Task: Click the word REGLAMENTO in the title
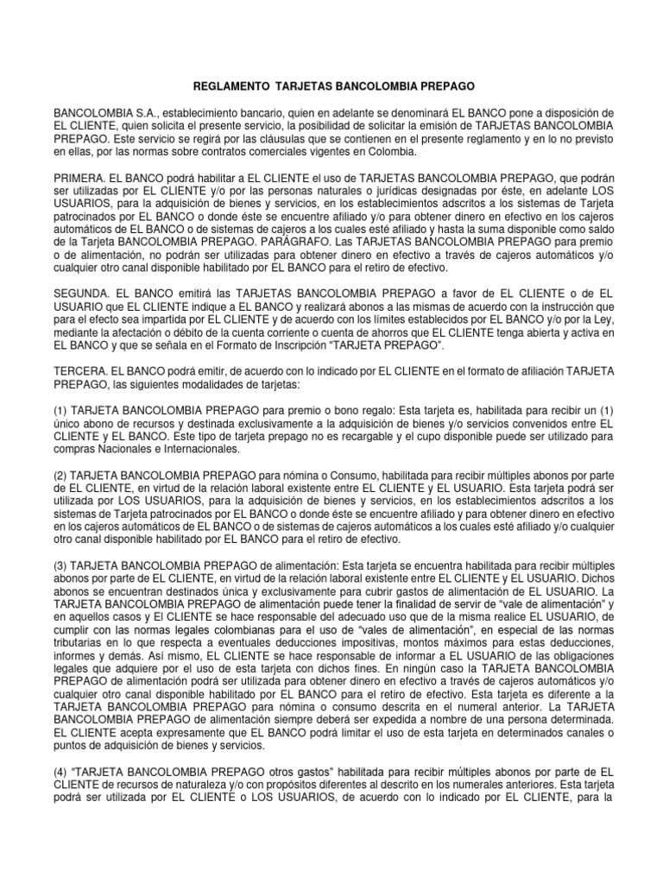tap(226, 88)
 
